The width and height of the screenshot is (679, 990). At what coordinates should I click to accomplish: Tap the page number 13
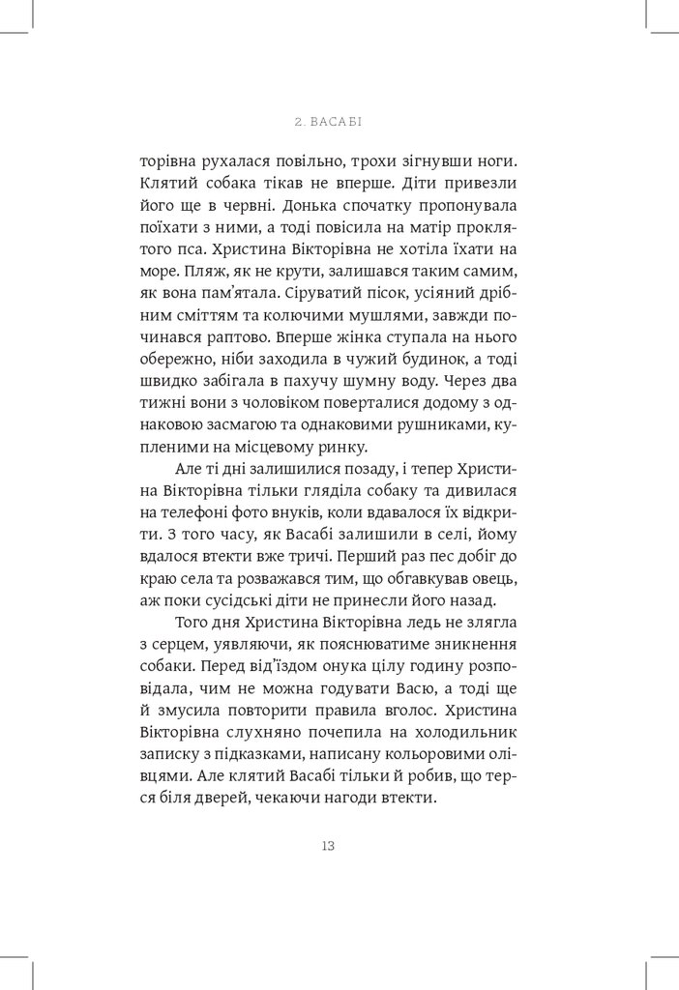[327, 845]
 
